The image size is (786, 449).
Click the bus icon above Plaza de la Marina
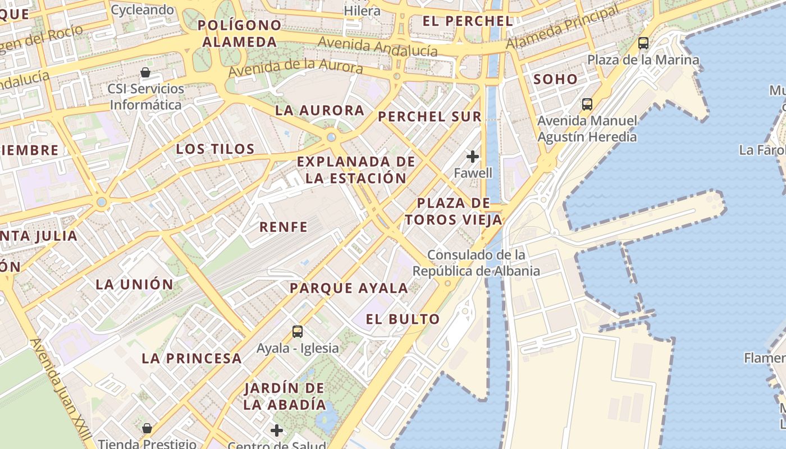pyautogui.click(x=643, y=43)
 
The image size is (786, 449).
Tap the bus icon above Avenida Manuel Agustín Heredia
pyautogui.click(x=587, y=104)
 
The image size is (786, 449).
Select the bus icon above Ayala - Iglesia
pyautogui.click(x=298, y=331)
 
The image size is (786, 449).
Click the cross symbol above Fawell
pyautogui.click(x=473, y=156)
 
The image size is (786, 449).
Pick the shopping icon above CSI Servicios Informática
pyautogui.click(x=145, y=72)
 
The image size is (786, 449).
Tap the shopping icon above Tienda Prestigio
pyautogui.click(x=147, y=428)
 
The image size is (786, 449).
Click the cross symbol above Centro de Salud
pyautogui.click(x=276, y=430)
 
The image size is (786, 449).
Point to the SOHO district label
pyautogui.click(x=556, y=79)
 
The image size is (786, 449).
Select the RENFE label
pyautogui.click(x=284, y=227)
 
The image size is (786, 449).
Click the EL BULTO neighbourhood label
pyautogui.click(x=403, y=319)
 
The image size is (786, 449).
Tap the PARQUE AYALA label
pyautogui.click(x=349, y=288)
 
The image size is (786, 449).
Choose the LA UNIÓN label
pyautogui.click(x=135, y=284)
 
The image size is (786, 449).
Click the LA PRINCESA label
pyautogui.click(x=191, y=358)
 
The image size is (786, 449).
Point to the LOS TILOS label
pyautogui.click(x=216, y=149)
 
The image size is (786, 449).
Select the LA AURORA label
pyautogui.click(x=320, y=111)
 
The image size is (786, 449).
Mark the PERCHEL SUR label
pyautogui.click(x=429, y=117)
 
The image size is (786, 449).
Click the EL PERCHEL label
pyautogui.click(x=467, y=21)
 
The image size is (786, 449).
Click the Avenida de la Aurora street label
pyautogui.click(x=296, y=68)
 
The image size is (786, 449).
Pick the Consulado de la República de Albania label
pyautogui.click(x=476, y=263)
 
